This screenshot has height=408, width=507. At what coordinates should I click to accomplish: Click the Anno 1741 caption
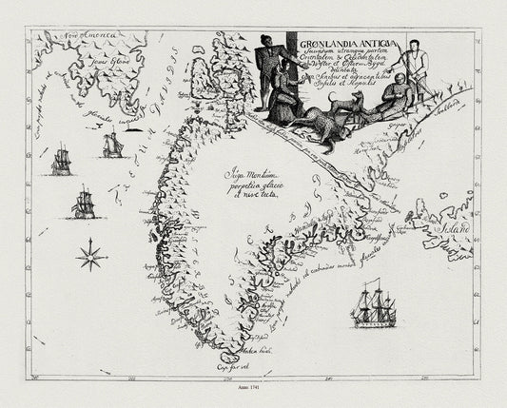click(252, 388)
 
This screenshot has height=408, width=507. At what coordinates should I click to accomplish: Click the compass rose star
click(92, 252)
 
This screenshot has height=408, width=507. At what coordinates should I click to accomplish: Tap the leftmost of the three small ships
click(61, 160)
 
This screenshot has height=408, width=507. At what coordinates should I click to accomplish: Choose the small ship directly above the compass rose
click(82, 203)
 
